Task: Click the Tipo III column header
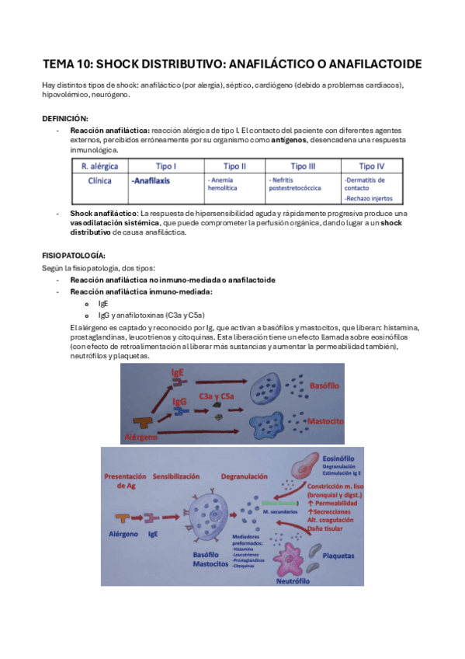pos(303,166)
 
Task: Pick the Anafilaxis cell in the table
pos(151,180)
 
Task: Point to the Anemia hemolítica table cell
pos(223,183)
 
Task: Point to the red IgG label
pos(179,403)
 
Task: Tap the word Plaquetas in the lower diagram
pos(337,556)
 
